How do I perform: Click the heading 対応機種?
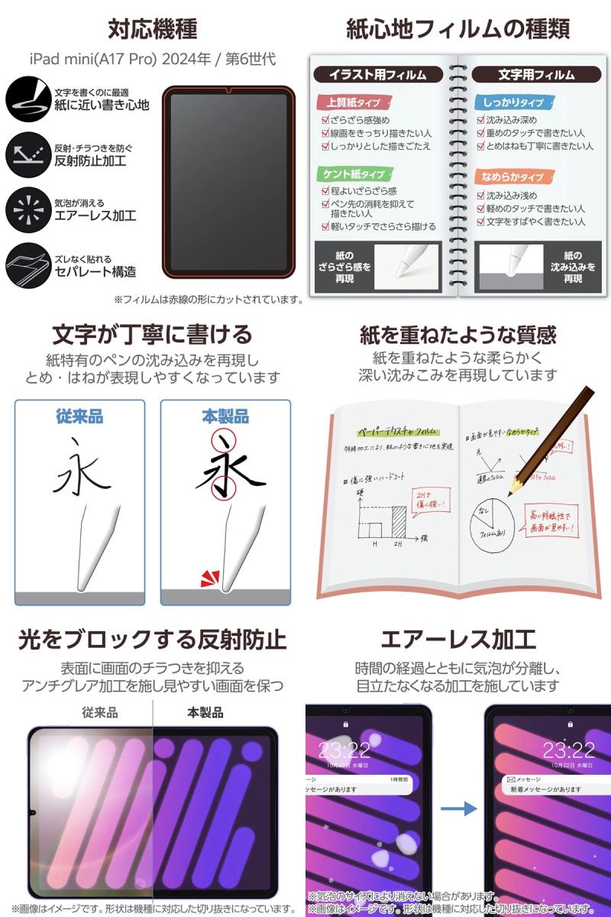153,29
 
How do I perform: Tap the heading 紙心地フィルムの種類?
457,29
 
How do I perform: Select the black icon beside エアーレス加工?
27,209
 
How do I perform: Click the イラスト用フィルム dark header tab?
378,74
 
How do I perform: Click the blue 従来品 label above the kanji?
79,416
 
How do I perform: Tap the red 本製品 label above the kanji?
225,416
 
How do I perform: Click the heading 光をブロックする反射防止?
153,639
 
